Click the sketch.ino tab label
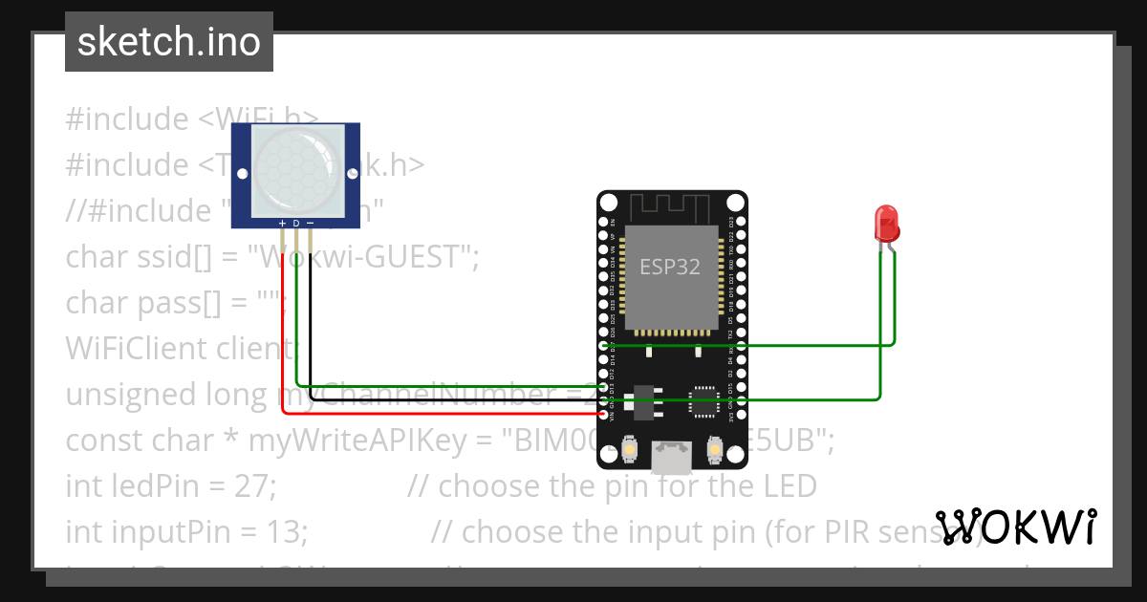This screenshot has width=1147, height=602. (168, 42)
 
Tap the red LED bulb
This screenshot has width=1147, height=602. (886, 224)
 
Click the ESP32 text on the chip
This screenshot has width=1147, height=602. (669, 268)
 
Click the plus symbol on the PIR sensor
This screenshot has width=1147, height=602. (282, 224)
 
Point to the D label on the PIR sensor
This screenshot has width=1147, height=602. (296, 224)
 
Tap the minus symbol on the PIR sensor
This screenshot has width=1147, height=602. (311, 224)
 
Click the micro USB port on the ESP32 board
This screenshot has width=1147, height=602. (672, 458)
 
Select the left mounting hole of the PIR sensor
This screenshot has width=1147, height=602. (243, 174)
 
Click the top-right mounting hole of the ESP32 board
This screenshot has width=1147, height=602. (734, 203)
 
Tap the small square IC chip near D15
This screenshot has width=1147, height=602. (704, 401)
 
